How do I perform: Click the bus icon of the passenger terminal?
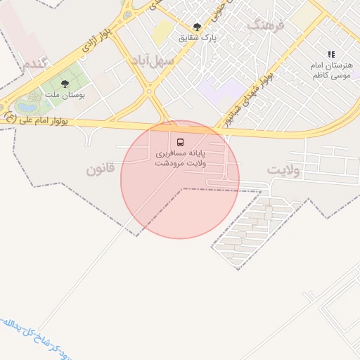pyautogui.click(x=180, y=142)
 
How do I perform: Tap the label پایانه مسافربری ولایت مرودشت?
pyautogui.click(x=180, y=157)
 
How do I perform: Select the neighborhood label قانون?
pyautogui.click(x=100, y=170)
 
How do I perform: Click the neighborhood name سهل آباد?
pyautogui.click(x=152, y=60)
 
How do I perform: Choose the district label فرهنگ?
pyautogui.click(x=265, y=25)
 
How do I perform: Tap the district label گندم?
pyautogui.click(x=34, y=64)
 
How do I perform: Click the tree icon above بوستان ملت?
pyautogui.click(x=65, y=84)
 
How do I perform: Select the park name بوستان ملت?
pyautogui.click(x=65, y=94)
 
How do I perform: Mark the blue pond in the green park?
pyautogui.click(x=27, y=106)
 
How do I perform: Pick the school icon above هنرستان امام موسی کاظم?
pyautogui.click(x=331, y=54)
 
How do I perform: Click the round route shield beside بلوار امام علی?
pyautogui.click(x=9, y=117)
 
